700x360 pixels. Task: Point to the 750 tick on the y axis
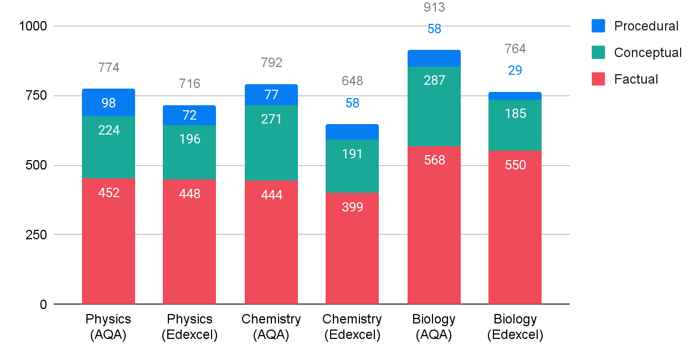click(34, 96)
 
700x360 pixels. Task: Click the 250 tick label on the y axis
click(34, 235)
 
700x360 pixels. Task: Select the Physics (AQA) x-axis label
click(109, 327)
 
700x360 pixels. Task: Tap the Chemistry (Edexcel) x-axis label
click(352, 327)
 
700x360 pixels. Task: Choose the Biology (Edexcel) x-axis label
click(515, 327)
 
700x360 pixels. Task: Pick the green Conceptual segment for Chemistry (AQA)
click(271, 143)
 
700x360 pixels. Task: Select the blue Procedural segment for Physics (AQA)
click(109, 102)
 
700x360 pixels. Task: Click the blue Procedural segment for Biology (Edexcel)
click(515, 96)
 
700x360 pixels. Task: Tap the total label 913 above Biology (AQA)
click(434, 8)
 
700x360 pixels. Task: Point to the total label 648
click(352, 81)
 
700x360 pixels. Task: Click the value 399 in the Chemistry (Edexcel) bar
click(352, 208)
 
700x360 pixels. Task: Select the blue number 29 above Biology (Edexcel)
click(515, 70)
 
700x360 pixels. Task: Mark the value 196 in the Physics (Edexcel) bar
click(189, 139)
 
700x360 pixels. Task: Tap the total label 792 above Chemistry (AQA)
click(271, 63)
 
